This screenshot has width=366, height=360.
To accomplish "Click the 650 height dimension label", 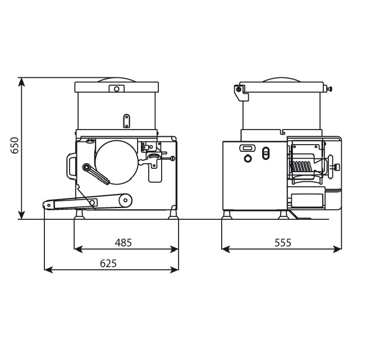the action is click(15, 145).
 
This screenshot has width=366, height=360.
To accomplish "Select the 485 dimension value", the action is click(123, 243).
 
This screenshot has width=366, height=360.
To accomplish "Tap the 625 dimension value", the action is click(108, 264).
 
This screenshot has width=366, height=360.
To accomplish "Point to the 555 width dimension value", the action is click(283, 243).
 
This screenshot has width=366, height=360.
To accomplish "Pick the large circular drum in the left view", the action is click(116, 162).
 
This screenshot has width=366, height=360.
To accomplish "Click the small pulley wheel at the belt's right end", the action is click(126, 200).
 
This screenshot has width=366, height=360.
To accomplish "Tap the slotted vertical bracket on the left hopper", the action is click(126, 121).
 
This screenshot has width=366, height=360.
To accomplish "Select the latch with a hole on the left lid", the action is click(116, 89).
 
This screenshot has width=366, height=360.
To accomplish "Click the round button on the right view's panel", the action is click(248, 159).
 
